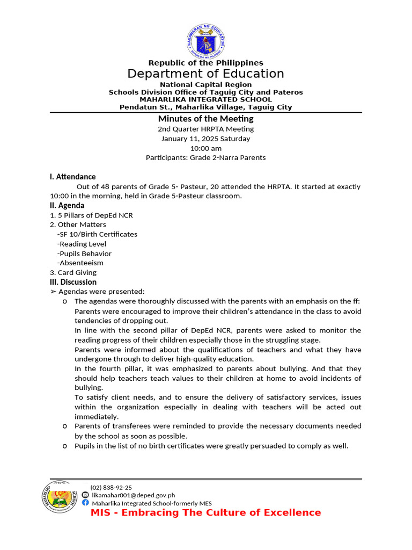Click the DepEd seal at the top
[205, 40]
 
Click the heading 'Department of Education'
[205, 74]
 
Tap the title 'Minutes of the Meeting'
[205, 119]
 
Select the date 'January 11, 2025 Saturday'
[205, 139]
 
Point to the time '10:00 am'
[205, 148]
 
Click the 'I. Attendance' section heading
[72, 177]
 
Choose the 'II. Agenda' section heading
[67, 205]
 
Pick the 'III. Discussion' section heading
[73, 282]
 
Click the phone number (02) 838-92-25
[111, 487]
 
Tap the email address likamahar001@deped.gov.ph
[133, 495]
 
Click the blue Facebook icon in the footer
[85, 503]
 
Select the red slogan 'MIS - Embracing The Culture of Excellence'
[205, 512]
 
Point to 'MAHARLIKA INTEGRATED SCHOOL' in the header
[205, 99]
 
